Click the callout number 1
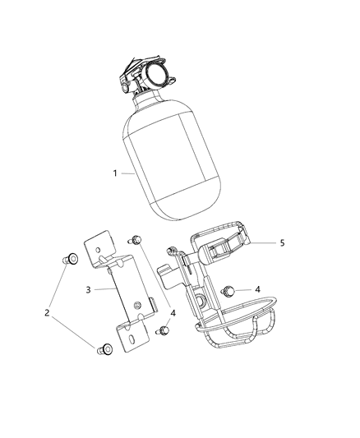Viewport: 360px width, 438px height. tap(116, 173)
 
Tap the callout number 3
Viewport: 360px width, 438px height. tap(88, 289)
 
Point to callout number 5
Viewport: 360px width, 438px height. tap(282, 243)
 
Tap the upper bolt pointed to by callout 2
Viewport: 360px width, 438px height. tap(72, 260)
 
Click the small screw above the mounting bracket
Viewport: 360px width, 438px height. tap(136, 239)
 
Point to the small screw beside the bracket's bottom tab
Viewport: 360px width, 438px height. tap(163, 330)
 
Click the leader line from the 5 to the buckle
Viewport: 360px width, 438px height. tap(262, 243)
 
